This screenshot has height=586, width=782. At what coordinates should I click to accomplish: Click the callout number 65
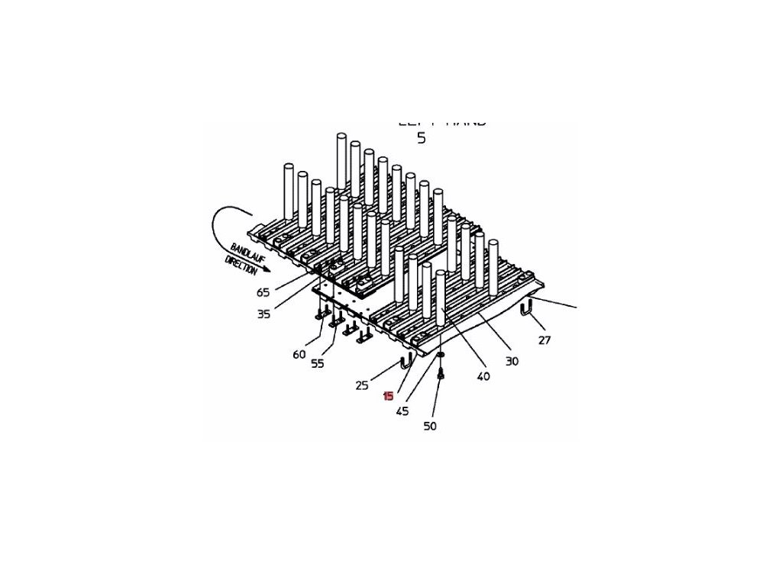[x=263, y=292]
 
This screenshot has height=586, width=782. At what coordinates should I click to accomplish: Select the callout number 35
[x=263, y=314]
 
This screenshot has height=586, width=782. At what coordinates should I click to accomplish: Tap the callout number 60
[x=299, y=354]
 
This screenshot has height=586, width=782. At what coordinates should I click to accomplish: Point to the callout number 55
[x=318, y=364]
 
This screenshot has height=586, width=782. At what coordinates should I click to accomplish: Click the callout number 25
[x=362, y=385]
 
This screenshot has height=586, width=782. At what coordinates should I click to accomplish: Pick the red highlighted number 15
[x=389, y=396]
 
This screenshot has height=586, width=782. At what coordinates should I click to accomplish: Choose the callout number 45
[x=402, y=411]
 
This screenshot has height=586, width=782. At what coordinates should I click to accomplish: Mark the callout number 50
[x=430, y=427]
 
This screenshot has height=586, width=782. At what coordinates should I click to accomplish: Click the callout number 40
[x=483, y=376]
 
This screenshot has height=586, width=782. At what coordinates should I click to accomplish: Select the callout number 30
[x=512, y=361]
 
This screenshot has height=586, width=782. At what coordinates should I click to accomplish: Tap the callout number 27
[x=544, y=340]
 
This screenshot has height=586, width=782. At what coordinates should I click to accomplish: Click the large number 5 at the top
[x=421, y=138]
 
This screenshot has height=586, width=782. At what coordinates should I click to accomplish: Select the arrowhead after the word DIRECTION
[x=267, y=279]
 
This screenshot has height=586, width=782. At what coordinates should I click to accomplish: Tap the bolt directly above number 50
[x=441, y=374]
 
